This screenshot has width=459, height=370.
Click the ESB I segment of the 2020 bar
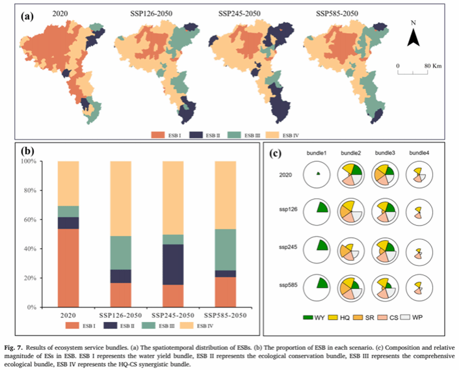(x=68, y=267)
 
